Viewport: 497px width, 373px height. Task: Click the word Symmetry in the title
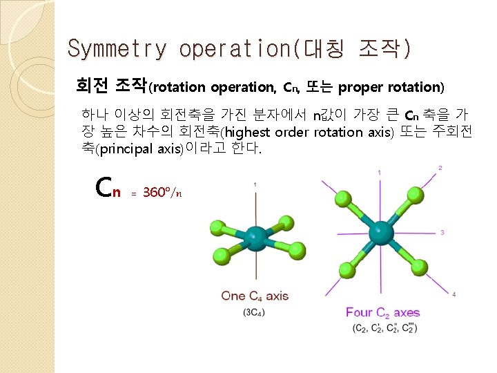click(x=117, y=49)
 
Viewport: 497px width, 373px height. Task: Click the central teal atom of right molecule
click(x=380, y=231)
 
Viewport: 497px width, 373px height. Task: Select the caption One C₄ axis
click(x=255, y=296)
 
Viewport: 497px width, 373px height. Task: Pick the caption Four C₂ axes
click(x=382, y=312)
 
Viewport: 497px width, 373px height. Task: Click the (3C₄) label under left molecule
click(x=254, y=312)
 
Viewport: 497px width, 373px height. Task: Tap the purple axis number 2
click(x=440, y=168)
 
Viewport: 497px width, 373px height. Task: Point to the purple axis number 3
click(x=442, y=232)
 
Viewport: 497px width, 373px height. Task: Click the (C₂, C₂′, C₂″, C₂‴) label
click(x=384, y=327)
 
